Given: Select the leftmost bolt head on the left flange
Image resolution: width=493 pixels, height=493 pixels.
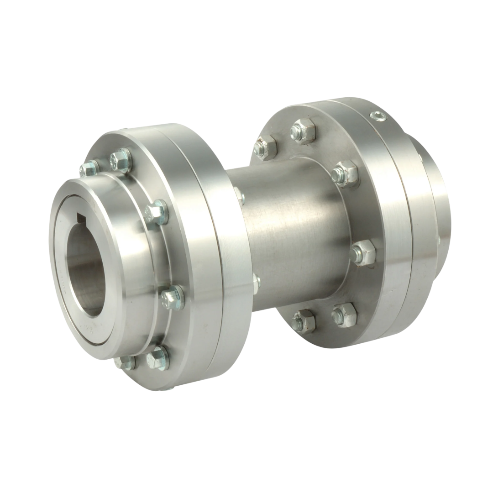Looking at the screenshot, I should (x=89, y=168).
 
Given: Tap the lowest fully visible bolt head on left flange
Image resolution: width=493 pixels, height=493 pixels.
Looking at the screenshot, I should (x=158, y=357).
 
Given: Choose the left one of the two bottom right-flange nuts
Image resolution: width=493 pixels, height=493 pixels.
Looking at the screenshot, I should (x=304, y=320).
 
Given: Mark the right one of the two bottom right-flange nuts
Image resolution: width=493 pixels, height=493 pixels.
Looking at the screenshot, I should (x=344, y=315).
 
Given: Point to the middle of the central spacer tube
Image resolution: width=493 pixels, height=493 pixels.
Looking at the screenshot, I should (x=292, y=237).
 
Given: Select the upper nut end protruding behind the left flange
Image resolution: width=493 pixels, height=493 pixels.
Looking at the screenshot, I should (x=239, y=196).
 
